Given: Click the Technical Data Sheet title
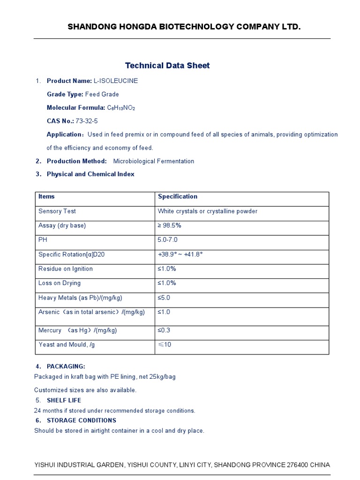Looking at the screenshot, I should coord(167,66).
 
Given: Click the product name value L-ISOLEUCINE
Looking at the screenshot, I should coord(116,81).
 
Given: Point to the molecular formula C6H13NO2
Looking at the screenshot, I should coord(121,108).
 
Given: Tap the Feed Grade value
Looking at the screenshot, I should coord(102,94).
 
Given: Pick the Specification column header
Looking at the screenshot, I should coord(178,196).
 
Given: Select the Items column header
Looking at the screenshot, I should coord(46,196).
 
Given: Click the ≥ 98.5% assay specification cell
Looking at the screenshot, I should coord(169,225).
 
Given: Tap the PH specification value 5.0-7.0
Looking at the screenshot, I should coord(168,240).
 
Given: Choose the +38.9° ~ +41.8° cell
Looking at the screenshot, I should coord(180,255).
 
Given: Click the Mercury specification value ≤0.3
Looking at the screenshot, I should coord(164,330).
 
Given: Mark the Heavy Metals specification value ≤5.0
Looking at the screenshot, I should coord(164,298).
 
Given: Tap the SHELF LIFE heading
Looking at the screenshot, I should coord(64,400).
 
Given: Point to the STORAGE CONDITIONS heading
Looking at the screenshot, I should coord(81,420).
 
